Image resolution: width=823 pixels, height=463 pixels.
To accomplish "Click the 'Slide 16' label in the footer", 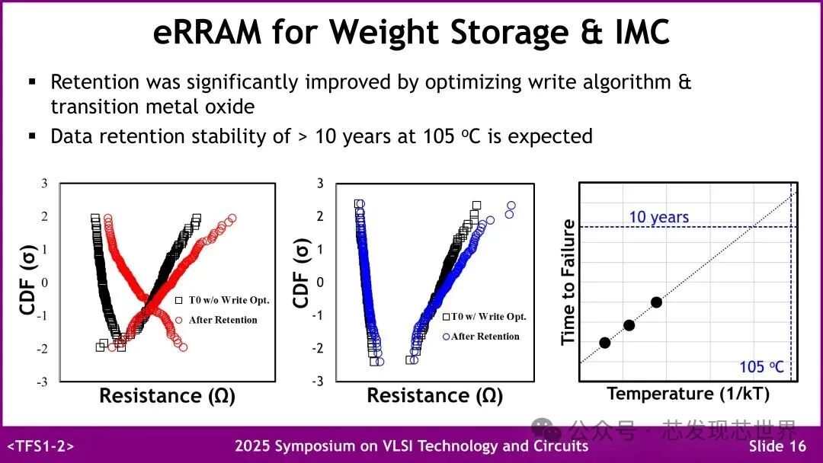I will click(x=777, y=446).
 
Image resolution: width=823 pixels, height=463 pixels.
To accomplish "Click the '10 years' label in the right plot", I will click(x=658, y=217).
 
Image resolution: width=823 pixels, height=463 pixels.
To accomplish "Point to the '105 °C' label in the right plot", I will click(x=761, y=367).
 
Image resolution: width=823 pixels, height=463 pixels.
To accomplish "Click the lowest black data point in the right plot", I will click(x=605, y=343).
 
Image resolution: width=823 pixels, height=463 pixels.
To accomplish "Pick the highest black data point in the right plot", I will click(x=656, y=302).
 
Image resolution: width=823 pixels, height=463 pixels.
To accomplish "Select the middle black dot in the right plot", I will click(x=629, y=325).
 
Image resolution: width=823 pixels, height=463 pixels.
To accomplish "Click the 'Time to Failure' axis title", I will click(x=568, y=282).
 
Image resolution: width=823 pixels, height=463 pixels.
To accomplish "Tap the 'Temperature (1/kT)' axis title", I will click(x=688, y=394).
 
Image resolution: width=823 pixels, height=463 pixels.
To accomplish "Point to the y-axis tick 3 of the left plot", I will click(x=43, y=184).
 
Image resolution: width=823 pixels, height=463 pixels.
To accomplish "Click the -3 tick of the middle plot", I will click(x=319, y=381).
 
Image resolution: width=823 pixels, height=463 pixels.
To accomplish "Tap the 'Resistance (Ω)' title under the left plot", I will click(x=167, y=396).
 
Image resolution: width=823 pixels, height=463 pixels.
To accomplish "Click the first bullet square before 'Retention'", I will click(x=33, y=81).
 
